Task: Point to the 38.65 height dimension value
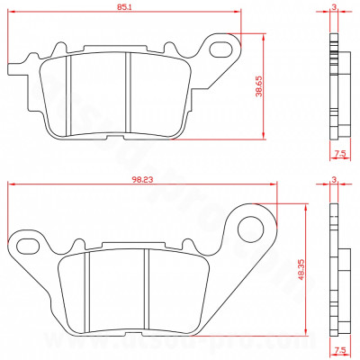tap(258, 89)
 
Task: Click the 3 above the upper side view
tap(334, 6)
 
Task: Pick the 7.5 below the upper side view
tap(338, 155)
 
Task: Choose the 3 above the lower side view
tap(334, 180)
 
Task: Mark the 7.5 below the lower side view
tap(338, 347)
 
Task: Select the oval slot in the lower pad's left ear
tap(28, 245)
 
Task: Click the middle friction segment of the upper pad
tap(101, 94)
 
